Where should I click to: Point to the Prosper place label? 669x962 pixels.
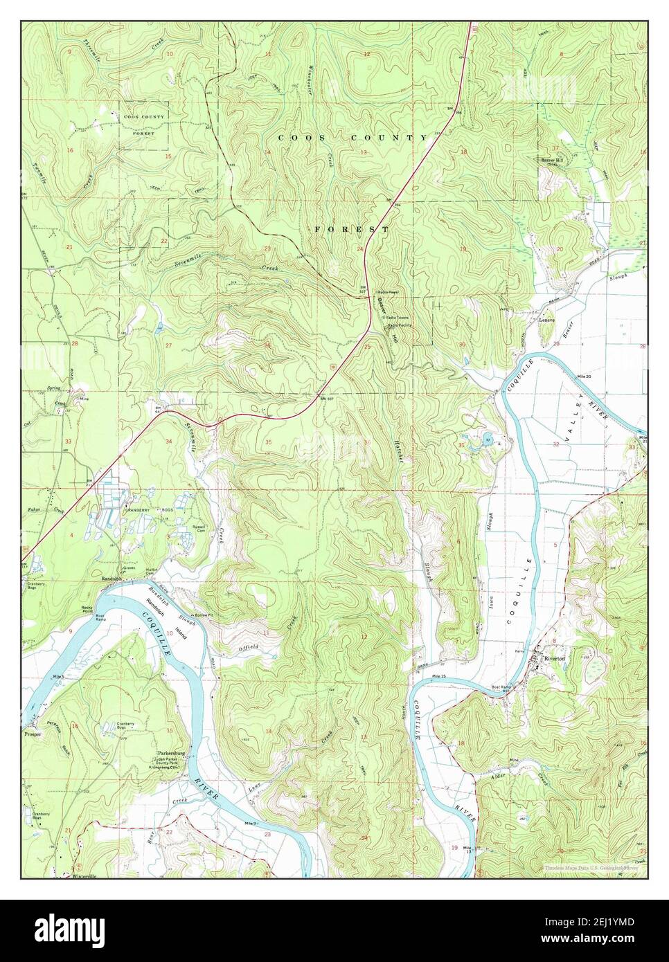click(33, 734)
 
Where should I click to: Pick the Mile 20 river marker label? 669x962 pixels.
click(584, 376)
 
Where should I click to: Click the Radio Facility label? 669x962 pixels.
click(400, 325)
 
